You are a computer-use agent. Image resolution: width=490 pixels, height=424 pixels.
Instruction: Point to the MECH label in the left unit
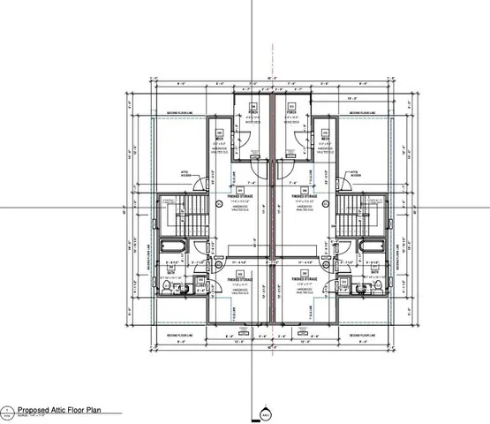[x=218, y=139]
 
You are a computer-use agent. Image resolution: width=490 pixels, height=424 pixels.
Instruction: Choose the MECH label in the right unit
[x=326, y=139]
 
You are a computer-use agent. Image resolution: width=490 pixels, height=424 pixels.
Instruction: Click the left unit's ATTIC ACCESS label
[x=186, y=174]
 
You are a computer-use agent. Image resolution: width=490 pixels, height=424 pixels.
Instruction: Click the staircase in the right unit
[x=357, y=213]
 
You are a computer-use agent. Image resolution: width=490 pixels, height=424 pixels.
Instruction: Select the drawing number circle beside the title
[x=8, y=411]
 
